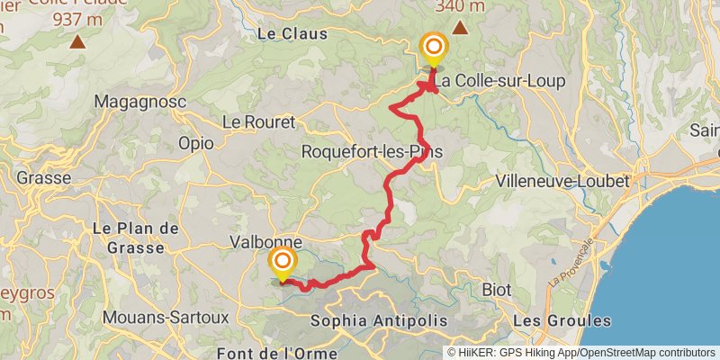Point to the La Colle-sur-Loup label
pyautogui.click(x=502, y=81)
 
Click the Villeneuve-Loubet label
pyautogui.click(x=562, y=181)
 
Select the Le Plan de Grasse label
pyautogui.click(x=128, y=238)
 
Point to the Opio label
pyautogui.click(x=196, y=142)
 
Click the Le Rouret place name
pyautogui.click(x=254, y=121)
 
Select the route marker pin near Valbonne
pyautogui.click(x=283, y=263)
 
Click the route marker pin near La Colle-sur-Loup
pyautogui.click(x=434, y=48)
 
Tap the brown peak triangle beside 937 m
pyautogui.click(x=78, y=41)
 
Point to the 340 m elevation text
pyautogui.click(x=460, y=6)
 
